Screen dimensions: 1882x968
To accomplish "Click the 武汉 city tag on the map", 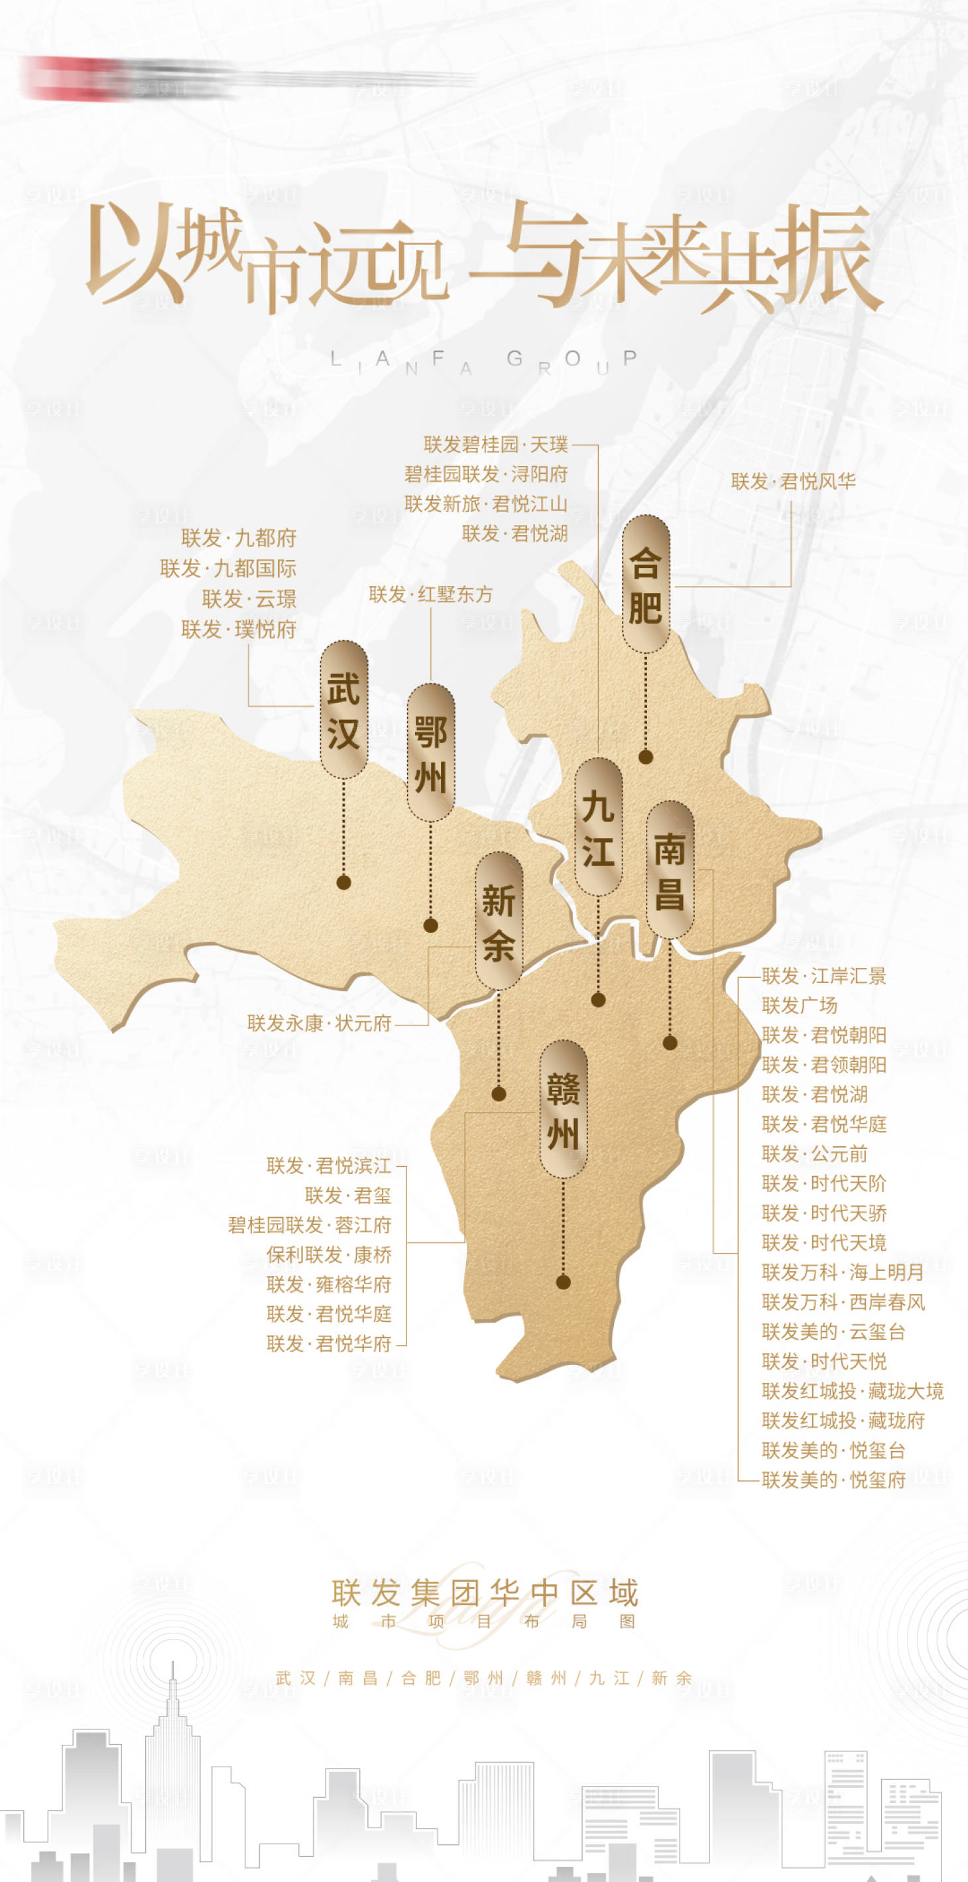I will click(343, 709).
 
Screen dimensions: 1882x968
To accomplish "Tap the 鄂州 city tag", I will click(430, 752).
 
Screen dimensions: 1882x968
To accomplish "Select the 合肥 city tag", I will click(645, 584).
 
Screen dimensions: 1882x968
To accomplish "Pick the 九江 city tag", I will click(597, 826).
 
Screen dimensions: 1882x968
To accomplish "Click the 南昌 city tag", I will click(669, 869).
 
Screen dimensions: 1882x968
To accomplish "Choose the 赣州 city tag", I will click(562, 1109).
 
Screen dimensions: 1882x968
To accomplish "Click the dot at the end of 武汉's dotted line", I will click(343, 882).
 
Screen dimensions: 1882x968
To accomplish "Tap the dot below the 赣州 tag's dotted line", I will click(562, 1281).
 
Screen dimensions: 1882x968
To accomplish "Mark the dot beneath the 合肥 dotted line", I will click(645, 758).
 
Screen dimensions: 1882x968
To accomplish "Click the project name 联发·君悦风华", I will click(793, 481).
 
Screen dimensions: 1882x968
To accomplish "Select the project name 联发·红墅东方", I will click(430, 594).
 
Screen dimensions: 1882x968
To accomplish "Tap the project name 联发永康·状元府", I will click(320, 1023).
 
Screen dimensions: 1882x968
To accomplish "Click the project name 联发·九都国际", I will click(228, 567).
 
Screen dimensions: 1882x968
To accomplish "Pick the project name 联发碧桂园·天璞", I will click(495, 444).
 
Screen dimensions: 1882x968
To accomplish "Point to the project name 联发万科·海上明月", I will click(842, 1272).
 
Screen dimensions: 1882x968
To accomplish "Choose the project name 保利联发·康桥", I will click(329, 1254).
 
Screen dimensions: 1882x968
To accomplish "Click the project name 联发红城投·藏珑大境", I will click(853, 1390).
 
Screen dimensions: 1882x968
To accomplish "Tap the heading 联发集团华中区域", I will click(485, 1593).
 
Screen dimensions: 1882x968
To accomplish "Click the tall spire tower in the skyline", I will click(172, 1739).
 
